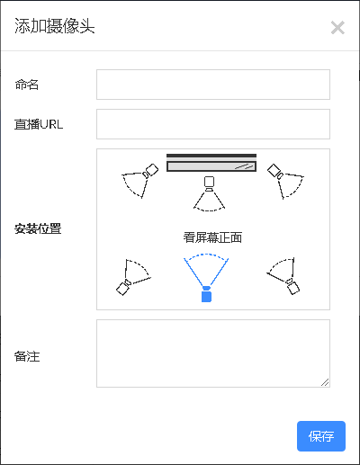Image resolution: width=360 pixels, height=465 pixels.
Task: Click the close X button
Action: [337, 28]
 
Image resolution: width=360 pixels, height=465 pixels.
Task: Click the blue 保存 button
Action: [321, 436]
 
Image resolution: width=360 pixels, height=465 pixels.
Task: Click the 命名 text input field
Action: [213, 85]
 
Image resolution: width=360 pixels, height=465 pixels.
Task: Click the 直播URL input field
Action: [213, 124]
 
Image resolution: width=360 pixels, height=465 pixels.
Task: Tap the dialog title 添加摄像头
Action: [55, 26]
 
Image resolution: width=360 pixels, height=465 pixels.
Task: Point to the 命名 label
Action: [27, 85]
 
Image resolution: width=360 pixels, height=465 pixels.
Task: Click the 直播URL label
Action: [39, 124]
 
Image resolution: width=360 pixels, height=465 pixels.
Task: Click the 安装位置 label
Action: [38, 229]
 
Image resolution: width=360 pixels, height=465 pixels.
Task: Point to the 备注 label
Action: [27, 356]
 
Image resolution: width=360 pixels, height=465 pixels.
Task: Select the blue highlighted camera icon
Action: [206, 294]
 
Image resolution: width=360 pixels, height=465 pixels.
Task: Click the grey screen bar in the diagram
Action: [211, 166]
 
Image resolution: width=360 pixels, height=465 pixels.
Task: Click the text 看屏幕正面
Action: [212, 237]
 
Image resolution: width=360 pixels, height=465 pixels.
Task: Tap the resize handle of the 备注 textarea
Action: [325, 382]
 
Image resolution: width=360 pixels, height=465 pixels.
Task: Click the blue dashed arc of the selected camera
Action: [206, 255]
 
